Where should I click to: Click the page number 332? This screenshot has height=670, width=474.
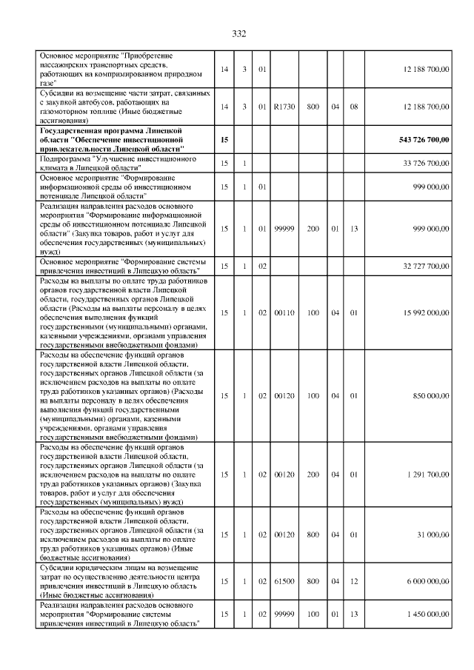238,33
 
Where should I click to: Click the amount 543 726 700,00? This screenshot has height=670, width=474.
418,139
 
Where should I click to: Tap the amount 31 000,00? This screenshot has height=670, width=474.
434,533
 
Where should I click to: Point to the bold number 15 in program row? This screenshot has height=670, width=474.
224,139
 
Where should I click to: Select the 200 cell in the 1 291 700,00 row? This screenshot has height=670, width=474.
313,474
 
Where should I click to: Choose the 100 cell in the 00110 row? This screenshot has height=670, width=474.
313,313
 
